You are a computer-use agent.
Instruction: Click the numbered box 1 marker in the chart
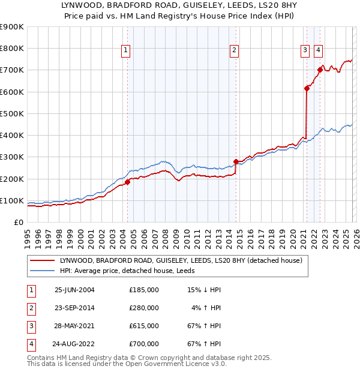pos(126,50)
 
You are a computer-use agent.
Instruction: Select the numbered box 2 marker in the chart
pos(234,50)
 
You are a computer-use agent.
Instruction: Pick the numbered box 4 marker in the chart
pos(318,50)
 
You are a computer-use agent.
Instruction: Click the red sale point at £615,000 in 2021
pos(307,88)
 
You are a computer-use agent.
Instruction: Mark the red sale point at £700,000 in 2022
pos(320,70)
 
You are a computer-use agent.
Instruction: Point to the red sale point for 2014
pos(236,161)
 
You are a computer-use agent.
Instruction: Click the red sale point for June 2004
pos(127,182)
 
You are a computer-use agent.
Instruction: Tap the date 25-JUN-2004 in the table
pos(74,290)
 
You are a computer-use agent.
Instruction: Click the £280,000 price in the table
pos(143,308)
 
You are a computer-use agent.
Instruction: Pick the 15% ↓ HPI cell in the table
pos(205,290)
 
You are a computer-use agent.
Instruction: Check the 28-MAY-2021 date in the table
pos(74,326)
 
